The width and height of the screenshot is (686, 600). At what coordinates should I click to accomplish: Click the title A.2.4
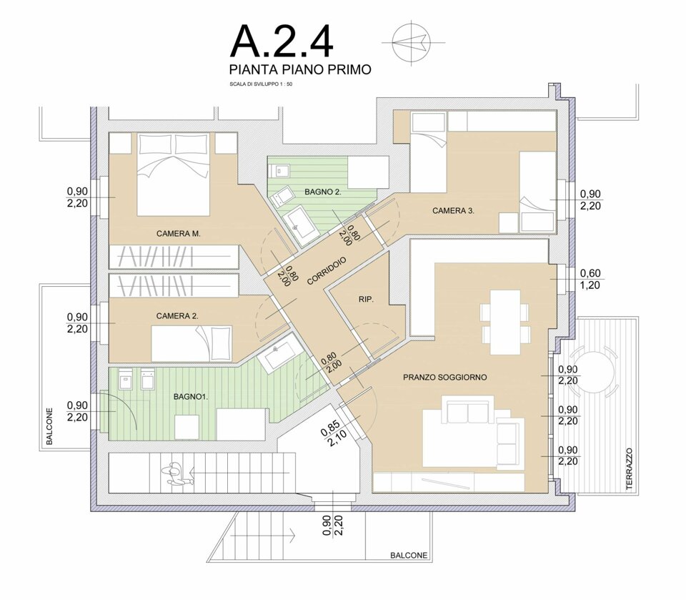(282, 41)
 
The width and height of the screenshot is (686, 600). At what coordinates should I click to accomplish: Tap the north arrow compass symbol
(412, 42)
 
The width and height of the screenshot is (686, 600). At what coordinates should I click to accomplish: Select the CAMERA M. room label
(179, 234)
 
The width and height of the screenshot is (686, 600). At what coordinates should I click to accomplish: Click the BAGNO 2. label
(323, 192)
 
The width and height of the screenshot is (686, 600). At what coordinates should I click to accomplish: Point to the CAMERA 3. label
(453, 211)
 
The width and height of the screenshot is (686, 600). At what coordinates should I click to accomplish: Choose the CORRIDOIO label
(327, 271)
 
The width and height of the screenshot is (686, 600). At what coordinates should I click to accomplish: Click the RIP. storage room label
(366, 300)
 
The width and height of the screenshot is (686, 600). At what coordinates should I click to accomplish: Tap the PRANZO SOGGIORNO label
(445, 377)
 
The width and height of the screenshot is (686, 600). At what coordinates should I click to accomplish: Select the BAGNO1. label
(191, 397)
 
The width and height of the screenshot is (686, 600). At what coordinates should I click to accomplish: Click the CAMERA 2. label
(177, 316)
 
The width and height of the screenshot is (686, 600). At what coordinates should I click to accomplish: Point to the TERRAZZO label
(630, 468)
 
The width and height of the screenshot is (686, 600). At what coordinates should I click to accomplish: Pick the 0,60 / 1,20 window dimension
(590, 280)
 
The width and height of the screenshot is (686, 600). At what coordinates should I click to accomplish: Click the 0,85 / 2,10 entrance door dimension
(334, 432)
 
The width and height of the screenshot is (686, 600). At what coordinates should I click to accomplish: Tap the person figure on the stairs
(176, 475)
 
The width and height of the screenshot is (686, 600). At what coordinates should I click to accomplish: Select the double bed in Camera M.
(173, 174)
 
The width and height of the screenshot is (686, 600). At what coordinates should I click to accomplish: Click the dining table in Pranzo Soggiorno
(505, 322)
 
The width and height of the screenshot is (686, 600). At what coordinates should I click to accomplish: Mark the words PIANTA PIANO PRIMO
(301, 69)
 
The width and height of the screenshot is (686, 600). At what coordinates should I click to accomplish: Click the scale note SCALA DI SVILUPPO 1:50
(261, 84)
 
